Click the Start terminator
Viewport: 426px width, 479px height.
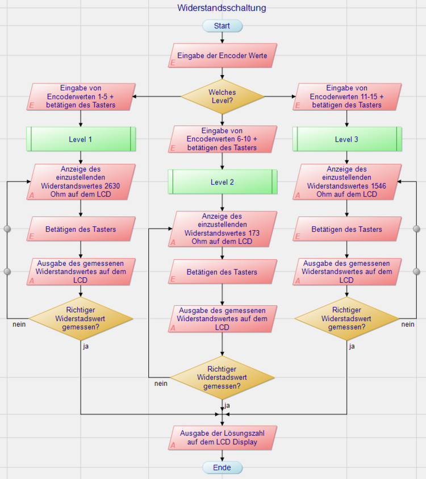coord(222,26)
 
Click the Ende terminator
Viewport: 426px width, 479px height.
coord(222,468)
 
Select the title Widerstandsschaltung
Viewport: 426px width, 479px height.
coord(222,8)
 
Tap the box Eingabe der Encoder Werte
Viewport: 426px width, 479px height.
coord(223,56)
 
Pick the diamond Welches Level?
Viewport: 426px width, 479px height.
coord(222,96)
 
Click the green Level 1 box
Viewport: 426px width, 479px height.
coord(81,139)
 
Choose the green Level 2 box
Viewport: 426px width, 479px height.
coord(222,182)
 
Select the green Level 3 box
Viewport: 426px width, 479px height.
coord(346,139)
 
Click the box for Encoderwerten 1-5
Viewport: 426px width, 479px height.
coord(81,97)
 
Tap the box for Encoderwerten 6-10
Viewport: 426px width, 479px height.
coord(222,139)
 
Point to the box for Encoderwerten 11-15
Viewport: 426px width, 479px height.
coord(346,97)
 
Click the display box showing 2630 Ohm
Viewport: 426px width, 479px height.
coord(81,182)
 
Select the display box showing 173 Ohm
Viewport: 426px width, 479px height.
coord(222,229)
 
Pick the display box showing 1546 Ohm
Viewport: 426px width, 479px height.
coord(346,182)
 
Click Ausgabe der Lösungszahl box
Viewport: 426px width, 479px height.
coord(222,438)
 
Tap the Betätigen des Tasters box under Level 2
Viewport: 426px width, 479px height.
coord(222,272)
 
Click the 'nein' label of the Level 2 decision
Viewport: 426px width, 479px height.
coord(161,384)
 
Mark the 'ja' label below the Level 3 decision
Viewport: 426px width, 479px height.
coord(352,346)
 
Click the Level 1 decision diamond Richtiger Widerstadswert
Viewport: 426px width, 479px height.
coord(81,319)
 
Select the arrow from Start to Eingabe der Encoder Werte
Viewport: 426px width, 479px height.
coord(222,38)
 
